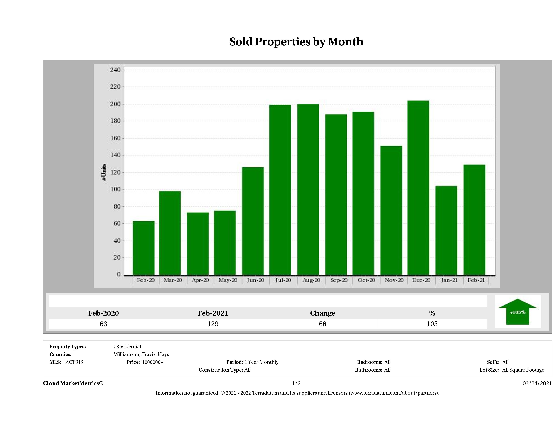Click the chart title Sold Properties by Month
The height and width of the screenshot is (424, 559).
[x=296, y=42]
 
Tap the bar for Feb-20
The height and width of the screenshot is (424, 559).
[x=144, y=248]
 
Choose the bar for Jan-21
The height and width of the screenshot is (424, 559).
[x=446, y=230]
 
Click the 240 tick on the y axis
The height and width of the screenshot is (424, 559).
[x=115, y=70]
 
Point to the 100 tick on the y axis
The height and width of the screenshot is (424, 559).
[x=115, y=189]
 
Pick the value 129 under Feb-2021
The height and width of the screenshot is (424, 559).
[x=213, y=324]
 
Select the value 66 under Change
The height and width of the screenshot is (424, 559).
[x=323, y=324]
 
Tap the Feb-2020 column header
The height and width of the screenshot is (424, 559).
[x=103, y=313]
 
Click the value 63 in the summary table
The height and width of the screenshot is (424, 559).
[x=103, y=324]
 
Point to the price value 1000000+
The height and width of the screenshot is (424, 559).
[x=153, y=362]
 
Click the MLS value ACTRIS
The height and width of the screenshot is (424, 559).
[x=74, y=362]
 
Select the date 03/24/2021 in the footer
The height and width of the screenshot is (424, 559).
[x=537, y=383]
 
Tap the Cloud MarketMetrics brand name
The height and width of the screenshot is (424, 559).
[x=73, y=383]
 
